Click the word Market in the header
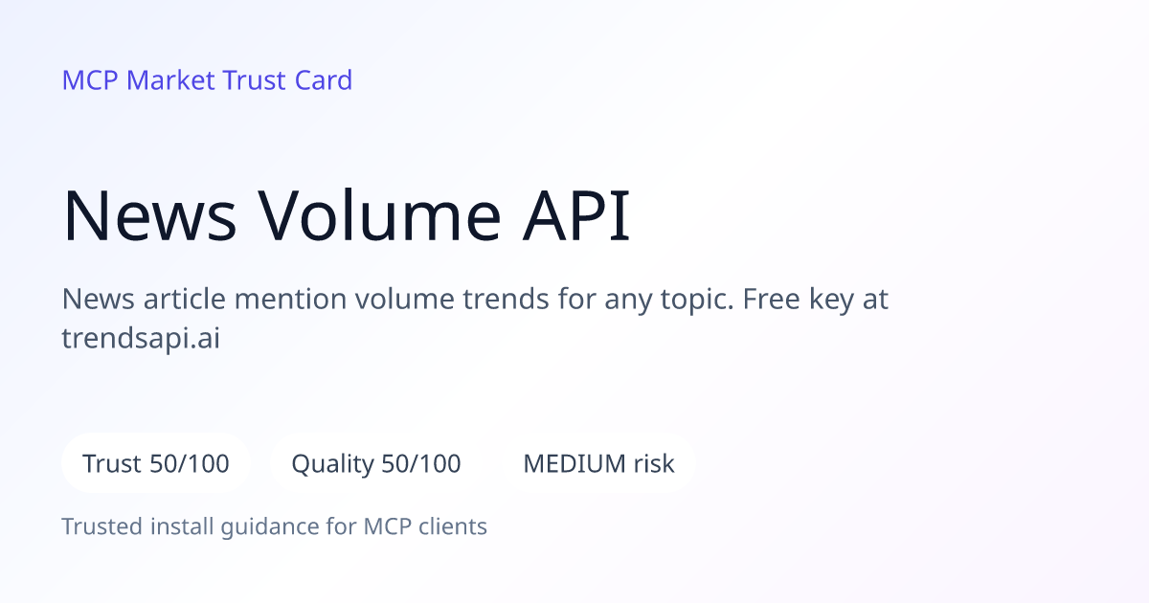[x=170, y=80]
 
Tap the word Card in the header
[x=324, y=80]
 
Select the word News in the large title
[x=149, y=215]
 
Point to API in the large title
[x=576, y=215]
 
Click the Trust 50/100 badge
[x=156, y=463]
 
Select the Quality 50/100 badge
[x=376, y=463]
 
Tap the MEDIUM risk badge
[x=598, y=463]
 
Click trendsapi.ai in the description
[x=141, y=339]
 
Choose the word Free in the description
[x=772, y=299]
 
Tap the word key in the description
[x=831, y=300]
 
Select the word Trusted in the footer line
[x=102, y=526]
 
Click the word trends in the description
[x=507, y=299]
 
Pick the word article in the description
[x=185, y=299]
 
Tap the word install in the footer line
[x=182, y=526]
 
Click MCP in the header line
[x=90, y=80]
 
